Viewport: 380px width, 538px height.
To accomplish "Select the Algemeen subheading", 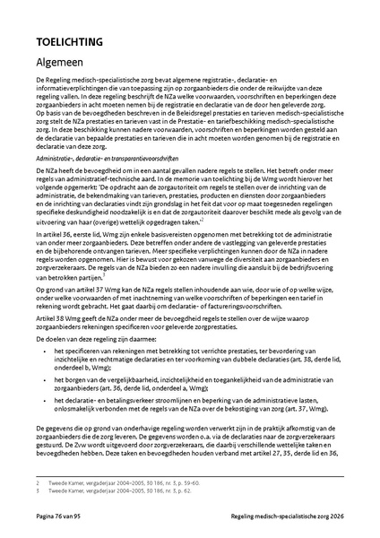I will pyautogui.click(x=65, y=63).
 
